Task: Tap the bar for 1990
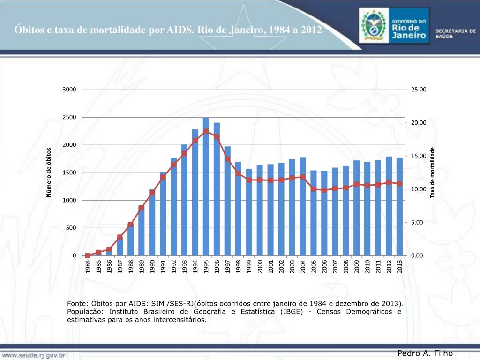point(152,225)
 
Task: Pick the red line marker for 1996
point(217,137)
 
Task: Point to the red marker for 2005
point(314,189)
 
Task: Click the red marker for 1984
point(88,255)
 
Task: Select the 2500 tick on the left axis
point(69,117)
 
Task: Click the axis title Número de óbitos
point(49,172)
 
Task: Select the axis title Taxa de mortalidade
point(433,172)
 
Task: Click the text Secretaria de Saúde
point(456,33)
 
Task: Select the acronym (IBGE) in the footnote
point(294,312)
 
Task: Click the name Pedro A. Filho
point(425,353)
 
